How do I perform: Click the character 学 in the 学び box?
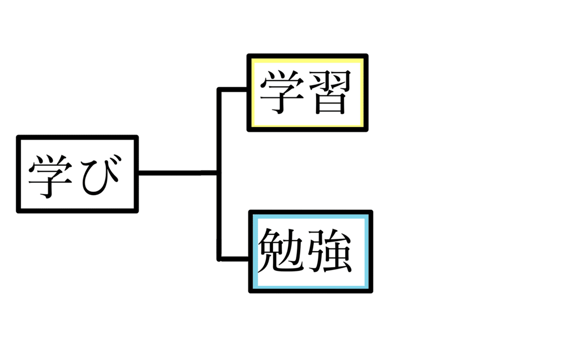click(50, 177)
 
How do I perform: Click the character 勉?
click(281, 250)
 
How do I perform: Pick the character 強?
click(330, 251)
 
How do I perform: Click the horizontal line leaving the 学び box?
click(178, 173)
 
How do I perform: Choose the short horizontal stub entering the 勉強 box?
click(235, 259)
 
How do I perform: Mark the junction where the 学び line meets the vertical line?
click(219, 173)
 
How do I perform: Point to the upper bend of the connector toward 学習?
click(219, 89)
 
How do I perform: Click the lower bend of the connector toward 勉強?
click(219, 259)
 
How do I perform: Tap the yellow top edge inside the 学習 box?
click(308, 60)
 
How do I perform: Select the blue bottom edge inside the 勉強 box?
click(311, 287)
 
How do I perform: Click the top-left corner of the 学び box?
click(18, 137)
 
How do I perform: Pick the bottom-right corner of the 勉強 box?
click(371, 291)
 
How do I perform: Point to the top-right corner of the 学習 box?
click(366, 56)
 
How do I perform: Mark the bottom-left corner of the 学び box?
click(18, 211)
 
